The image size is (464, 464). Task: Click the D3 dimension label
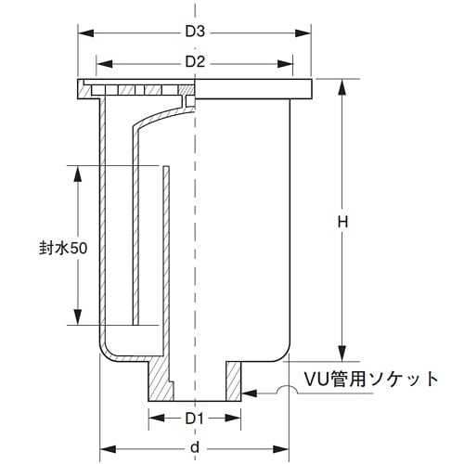coord(194,32)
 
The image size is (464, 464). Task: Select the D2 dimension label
coord(194,62)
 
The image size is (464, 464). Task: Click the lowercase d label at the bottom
coord(193,448)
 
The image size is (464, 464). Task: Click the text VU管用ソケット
coord(371,379)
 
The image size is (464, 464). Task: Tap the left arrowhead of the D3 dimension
coord(82,32)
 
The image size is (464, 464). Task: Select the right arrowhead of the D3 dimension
coord(306,32)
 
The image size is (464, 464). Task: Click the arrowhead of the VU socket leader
coord(249,393)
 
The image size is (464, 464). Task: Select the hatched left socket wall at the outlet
coord(159,379)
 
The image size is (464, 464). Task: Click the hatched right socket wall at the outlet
coord(232,379)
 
